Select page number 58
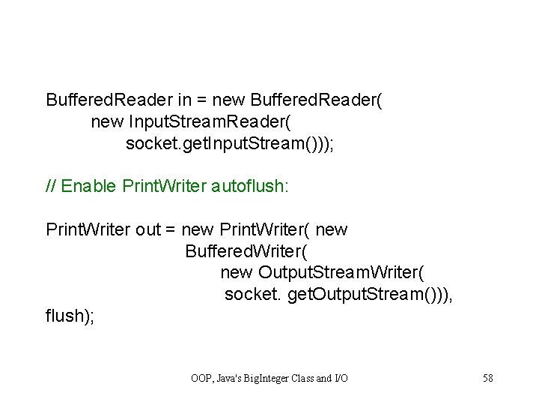click(487, 377)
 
